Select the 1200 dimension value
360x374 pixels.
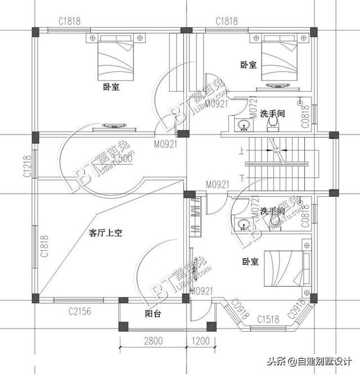(x=200, y=341)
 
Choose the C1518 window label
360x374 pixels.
(x=268, y=319)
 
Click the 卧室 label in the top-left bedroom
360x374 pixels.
(x=111, y=87)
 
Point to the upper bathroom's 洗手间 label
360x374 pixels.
(x=272, y=113)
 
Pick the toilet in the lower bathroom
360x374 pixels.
(x=276, y=222)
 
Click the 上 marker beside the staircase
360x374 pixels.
(x=241, y=151)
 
